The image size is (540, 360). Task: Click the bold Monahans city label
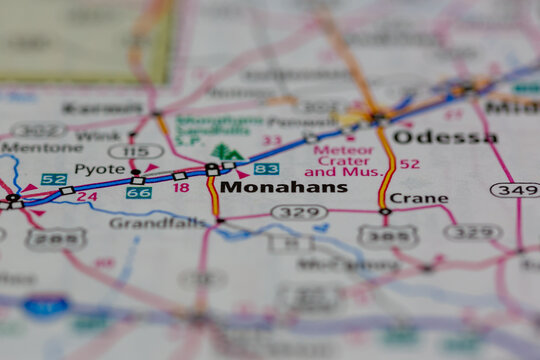pyautogui.click(x=284, y=187)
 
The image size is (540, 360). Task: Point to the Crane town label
pyautogui.click(x=418, y=198)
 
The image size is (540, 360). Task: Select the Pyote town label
pyautogui.click(x=99, y=170)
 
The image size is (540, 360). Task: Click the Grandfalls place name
pyautogui.click(x=151, y=223)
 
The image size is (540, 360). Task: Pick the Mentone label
pyautogui.click(x=27, y=147)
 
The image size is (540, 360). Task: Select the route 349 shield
pyautogui.click(x=514, y=190)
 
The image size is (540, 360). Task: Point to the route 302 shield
pyautogui.click(x=38, y=130)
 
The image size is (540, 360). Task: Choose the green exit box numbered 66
pyautogui.click(x=139, y=192)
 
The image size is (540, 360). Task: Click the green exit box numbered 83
pyautogui.click(x=266, y=169)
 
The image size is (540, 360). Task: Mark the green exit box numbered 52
pyautogui.click(x=54, y=179)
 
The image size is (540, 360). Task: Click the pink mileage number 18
pyautogui.click(x=180, y=187)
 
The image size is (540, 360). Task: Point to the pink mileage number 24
pyautogui.click(x=87, y=197)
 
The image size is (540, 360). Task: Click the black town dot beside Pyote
pyautogui.click(x=136, y=172)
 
